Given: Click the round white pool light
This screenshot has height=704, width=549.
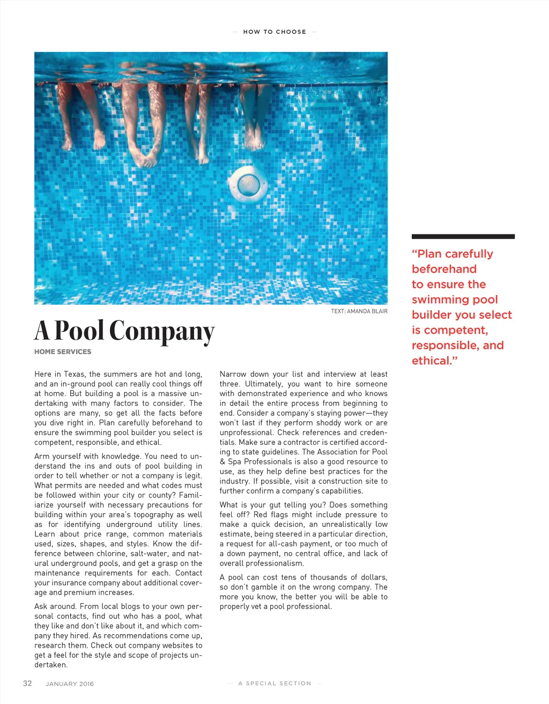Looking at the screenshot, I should pos(248,184).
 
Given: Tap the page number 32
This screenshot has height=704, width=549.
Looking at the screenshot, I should pos(27,683).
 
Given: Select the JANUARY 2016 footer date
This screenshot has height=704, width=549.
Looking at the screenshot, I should pos(70,684).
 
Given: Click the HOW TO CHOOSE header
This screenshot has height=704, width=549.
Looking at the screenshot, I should pos(274,32).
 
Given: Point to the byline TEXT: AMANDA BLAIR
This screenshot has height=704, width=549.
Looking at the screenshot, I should pos(359,311).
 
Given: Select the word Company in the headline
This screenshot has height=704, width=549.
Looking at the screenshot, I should pos(162,332).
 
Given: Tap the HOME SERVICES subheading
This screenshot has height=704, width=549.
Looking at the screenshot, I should pos(63,351).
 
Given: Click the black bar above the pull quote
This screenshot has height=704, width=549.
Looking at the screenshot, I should pos(463,236).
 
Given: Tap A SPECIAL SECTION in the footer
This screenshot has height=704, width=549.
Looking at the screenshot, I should pos(274,683).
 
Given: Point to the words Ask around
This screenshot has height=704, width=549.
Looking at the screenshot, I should pos(55,606).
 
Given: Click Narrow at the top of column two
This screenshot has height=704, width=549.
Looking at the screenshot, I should pos(233,374).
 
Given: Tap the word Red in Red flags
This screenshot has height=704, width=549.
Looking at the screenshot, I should pos(260,515).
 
